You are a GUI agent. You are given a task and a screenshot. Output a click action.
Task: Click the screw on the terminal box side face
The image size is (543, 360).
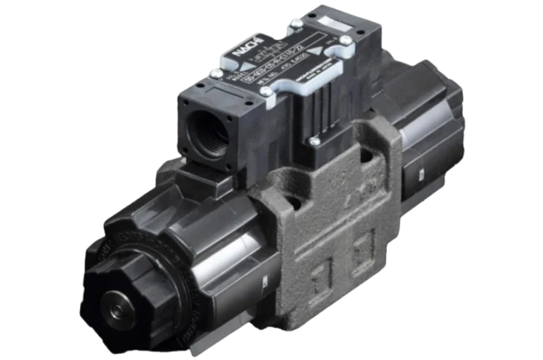click(x=314, y=141)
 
